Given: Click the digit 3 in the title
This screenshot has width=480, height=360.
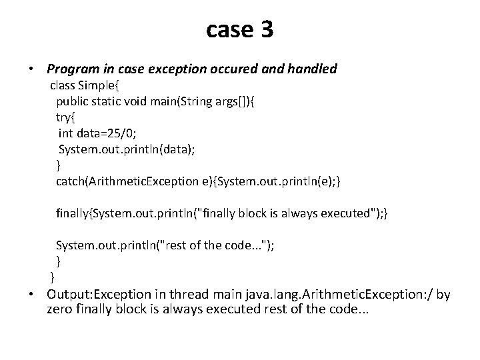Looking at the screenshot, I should point(265,30).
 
